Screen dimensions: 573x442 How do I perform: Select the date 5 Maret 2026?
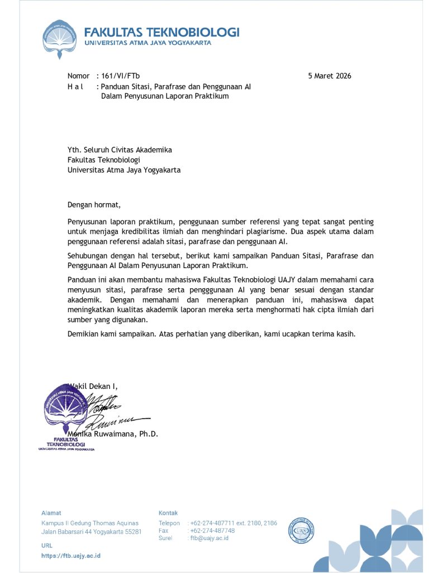(330, 76)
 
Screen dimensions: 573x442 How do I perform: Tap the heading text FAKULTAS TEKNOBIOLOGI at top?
(162, 32)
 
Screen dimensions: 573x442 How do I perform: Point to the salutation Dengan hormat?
(94, 204)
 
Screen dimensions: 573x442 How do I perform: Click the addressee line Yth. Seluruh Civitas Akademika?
(120, 150)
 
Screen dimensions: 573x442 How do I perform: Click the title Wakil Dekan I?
(93, 386)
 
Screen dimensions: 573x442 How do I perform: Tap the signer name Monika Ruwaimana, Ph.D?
(113, 434)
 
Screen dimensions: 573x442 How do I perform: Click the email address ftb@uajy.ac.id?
(210, 538)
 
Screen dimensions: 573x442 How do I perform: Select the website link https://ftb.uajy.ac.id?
(71, 556)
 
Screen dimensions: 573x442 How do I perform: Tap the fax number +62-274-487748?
(212, 530)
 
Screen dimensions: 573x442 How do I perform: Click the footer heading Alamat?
(51, 513)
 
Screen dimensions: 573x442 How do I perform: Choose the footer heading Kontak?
(168, 513)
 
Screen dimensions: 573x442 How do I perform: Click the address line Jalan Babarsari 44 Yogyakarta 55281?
(91, 532)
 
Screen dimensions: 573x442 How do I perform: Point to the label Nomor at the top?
(78, 76)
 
